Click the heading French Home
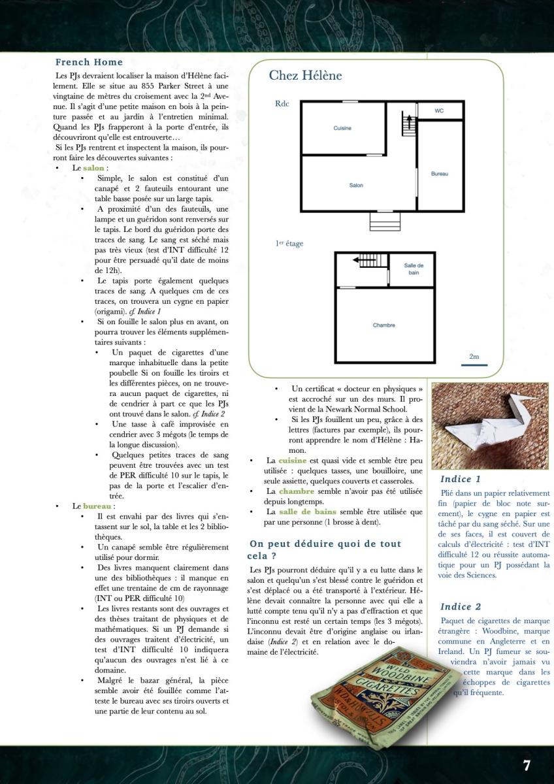coord(89,62)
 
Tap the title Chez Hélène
coord(305,75)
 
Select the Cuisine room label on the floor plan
coord(342,128)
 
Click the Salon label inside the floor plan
coord(356,186)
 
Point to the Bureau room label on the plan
coord(440,174)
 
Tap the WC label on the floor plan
coord(439,111)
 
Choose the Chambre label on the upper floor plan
coord(383,325)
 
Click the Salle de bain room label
coord(414,269)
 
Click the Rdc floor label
coord(282,103)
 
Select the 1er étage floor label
coord(289,244)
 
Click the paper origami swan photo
coord(491,425)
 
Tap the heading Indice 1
coord(461,479)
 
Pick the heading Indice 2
coord(461,607)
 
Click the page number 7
coord(526,765)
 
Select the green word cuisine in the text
coord(292,461)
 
